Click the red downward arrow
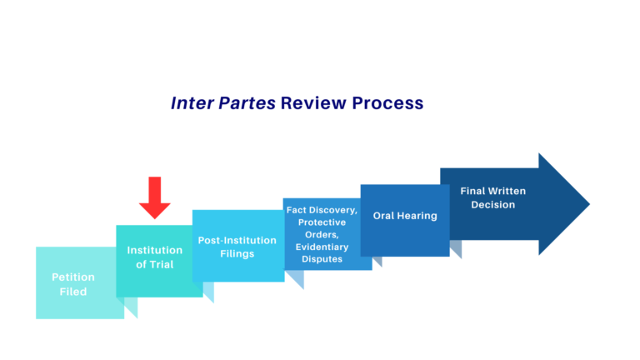pos(154,197)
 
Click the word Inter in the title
pos(190,103)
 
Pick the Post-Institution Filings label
pos(237,247)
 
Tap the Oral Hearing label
pos(405,216)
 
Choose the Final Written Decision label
pos(493,197)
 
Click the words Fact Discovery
pos(322,211)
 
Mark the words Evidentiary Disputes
pos(322,252)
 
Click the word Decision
pos(493,204)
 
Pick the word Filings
pos(237,253)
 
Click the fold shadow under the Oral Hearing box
pos(377,261)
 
